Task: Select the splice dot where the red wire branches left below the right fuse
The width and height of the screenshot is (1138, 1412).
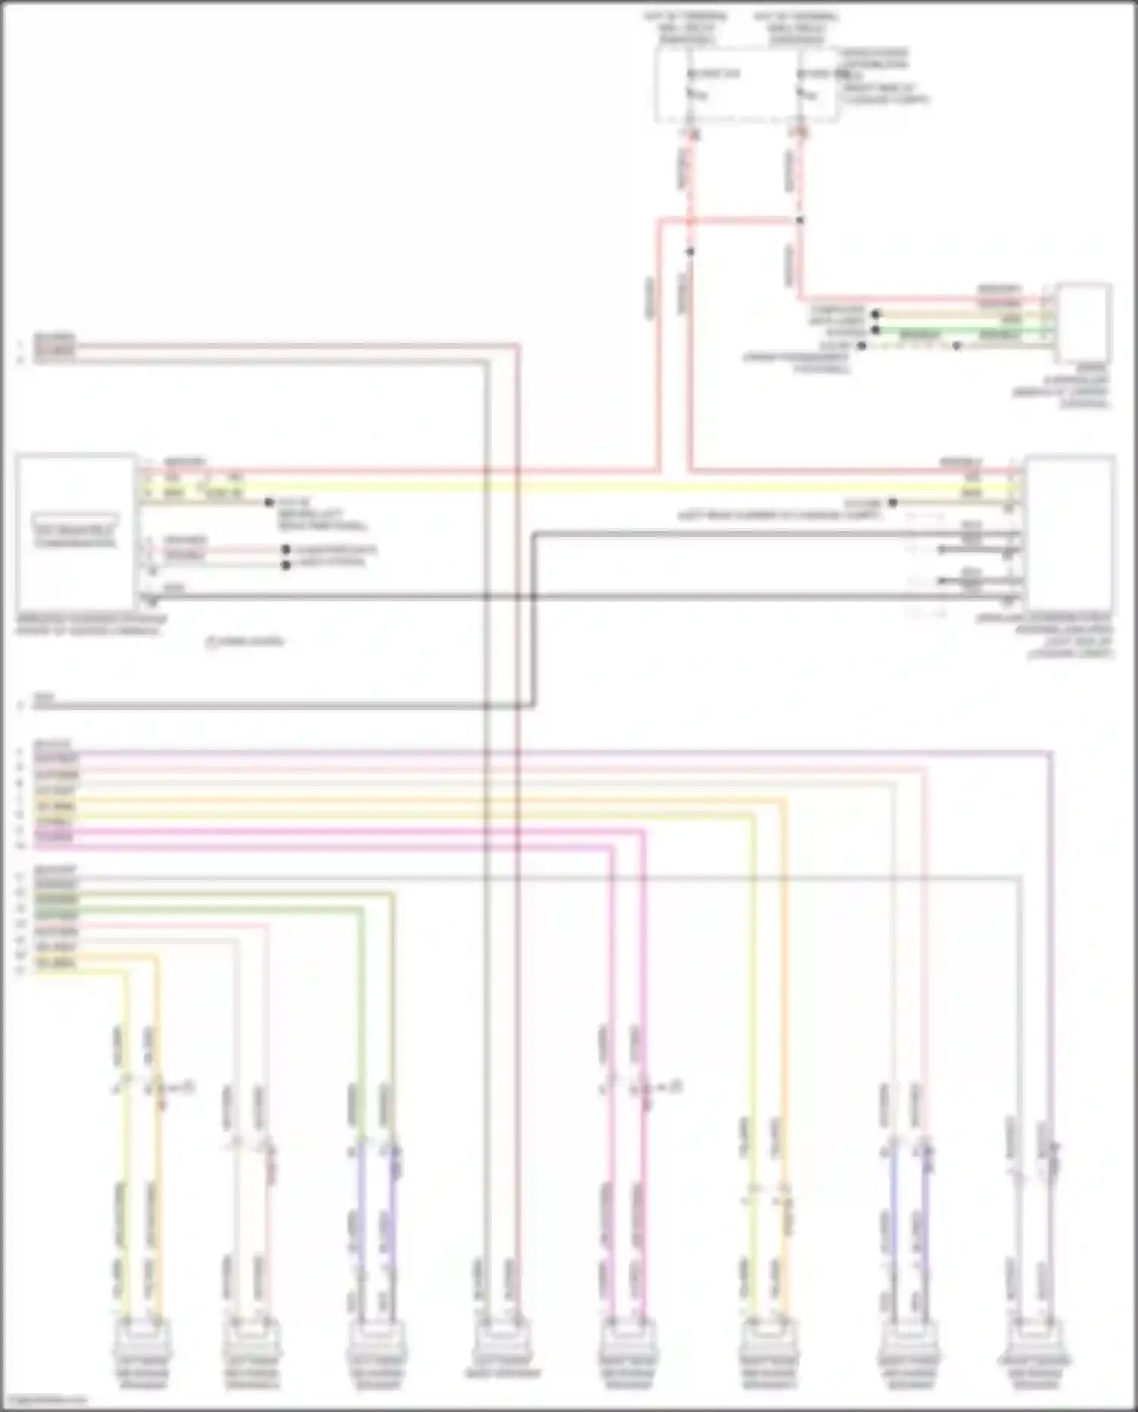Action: point(800,221)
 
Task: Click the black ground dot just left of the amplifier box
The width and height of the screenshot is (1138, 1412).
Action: point(893,502)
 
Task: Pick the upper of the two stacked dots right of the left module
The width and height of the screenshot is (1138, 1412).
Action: point(286,549)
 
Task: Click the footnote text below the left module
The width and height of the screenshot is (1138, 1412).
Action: point(245,642)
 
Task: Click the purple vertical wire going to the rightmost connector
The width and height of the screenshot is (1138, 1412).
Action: point(1052,948)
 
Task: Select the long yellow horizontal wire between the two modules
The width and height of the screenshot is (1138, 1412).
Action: point(577,486)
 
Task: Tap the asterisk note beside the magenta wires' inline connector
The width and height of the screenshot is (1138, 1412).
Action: point(670,1087)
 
